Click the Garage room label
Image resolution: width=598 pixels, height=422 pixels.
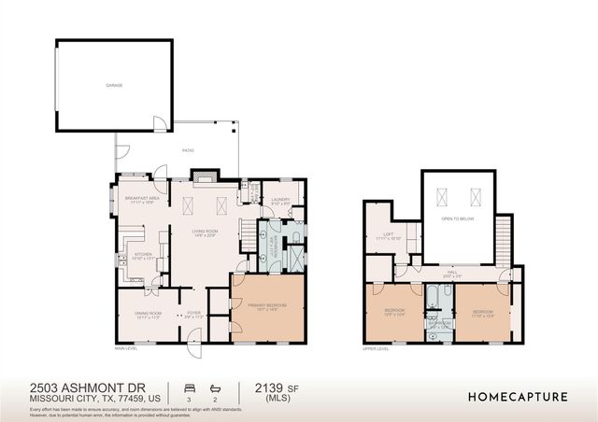pyautogui.click(x=114, y=86)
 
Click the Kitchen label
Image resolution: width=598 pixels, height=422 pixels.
pyautogui.click(x=143, y=255)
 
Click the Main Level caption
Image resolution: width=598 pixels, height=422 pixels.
pyautogui.click(x=127, y=348)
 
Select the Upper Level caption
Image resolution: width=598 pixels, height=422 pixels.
pyautogui.click(x=375, y=348)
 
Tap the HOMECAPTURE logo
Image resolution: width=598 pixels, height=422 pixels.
pyautogui.click(x=518, y=396)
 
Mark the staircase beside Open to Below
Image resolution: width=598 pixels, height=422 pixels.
pyautogui.click(x=505, y=239)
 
